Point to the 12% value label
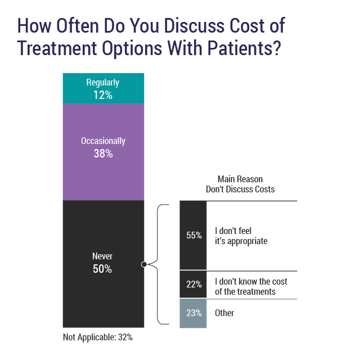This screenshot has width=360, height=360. [103, 96]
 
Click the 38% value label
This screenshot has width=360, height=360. [103, 153]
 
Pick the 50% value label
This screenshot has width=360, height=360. [102, 269]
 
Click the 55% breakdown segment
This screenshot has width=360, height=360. [193, 235]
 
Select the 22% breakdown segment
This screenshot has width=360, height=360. [193, 284]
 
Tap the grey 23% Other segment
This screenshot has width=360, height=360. [193, 313]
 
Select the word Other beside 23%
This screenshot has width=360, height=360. [224, 313]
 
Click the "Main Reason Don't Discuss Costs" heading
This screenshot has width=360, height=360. [240, 184]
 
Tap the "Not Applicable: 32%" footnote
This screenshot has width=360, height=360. [98, 337]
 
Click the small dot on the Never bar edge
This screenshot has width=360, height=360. [144, 264]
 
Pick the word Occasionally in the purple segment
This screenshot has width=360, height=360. [103, 141]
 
